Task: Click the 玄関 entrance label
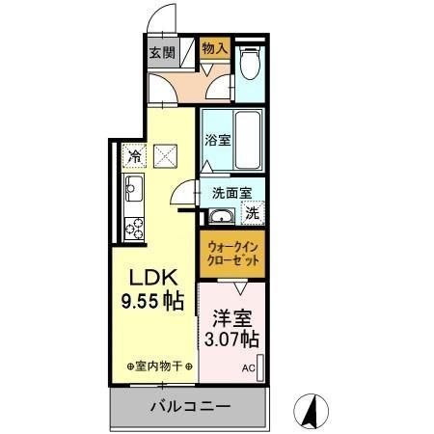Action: click(161, 53)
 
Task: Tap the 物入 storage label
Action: click(215, 47)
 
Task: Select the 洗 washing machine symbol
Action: click(252, 213)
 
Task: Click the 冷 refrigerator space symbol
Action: click(134, 154)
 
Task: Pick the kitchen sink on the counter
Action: click(133, 187)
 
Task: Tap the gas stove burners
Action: click(133, 228)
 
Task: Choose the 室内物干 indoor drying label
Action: click(160, 367)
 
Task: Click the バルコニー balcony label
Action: click(189, 407)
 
